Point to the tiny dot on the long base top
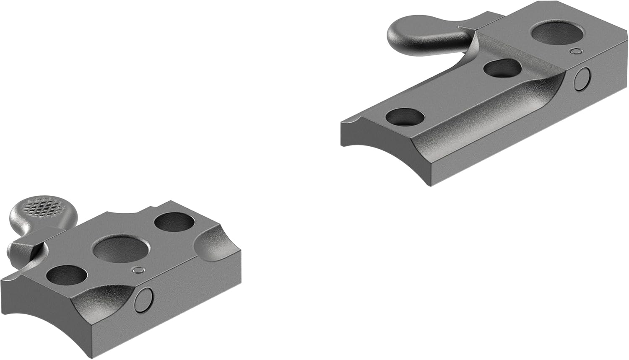pos(577,52)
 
